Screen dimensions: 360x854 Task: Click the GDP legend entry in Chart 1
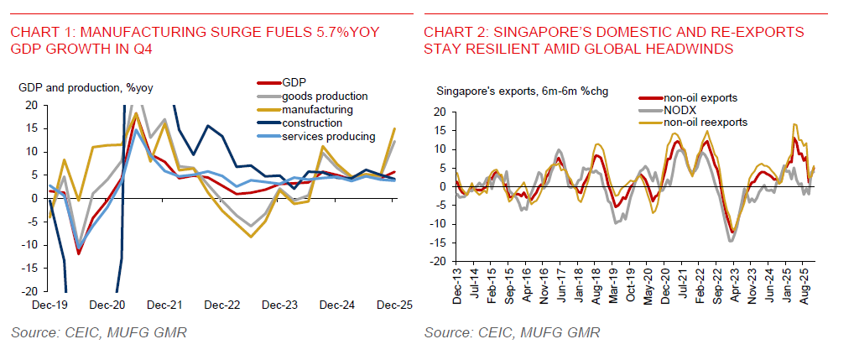[294, 82]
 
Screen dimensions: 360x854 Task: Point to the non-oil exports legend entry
[699, 97]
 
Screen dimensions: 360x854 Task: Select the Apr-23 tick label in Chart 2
[732, 285]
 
